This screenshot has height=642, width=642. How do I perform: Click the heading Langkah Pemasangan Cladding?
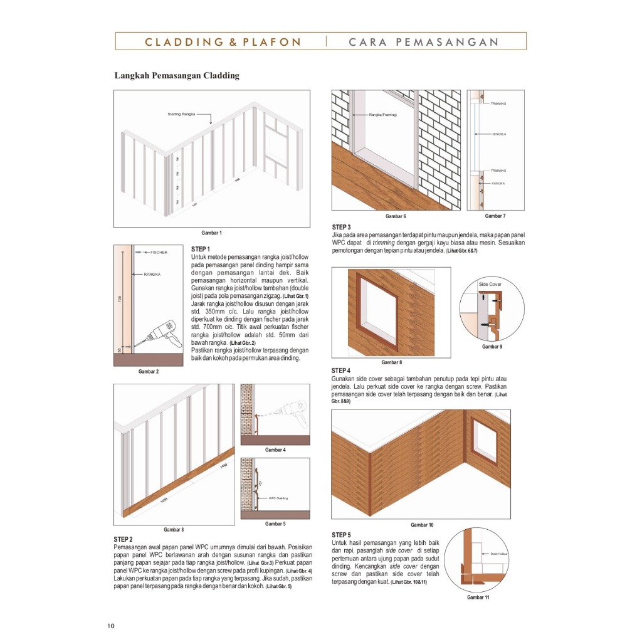coord(176,76)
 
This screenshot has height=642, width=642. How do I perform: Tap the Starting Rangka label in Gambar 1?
coord(182,115)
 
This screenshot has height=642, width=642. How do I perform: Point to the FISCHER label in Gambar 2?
coord(159,252)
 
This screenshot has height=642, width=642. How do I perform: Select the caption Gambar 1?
coord(211,233)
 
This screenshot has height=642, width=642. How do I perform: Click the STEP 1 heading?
coord(201,250)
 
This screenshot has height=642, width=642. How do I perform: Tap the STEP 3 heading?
coord(341,227)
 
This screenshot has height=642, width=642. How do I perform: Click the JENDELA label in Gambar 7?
coord(499,134)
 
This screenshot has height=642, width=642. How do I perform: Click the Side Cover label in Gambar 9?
coord(491,284)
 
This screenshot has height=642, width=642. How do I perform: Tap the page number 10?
coord(111,626)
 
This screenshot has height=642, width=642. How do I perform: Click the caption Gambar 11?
coord(478,597)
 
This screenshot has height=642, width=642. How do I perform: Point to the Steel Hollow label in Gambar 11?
coord(498,554)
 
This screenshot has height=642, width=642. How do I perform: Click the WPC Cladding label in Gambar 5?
coord(278,499)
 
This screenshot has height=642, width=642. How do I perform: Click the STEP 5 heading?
coord(341,535)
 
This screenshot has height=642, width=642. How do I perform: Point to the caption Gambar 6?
coord(396,216)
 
